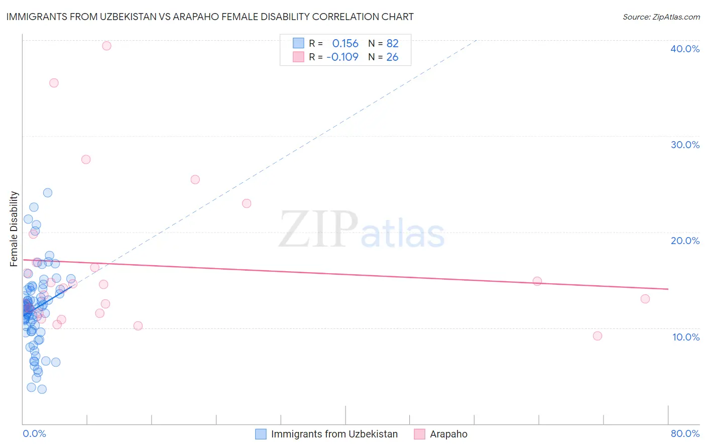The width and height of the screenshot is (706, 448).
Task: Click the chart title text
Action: click(210, 17)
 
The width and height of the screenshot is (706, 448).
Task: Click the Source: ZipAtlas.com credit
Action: click(661, 17)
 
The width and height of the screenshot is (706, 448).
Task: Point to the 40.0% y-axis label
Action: click(684, 49)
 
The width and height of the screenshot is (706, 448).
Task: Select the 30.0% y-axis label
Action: click(684, 145)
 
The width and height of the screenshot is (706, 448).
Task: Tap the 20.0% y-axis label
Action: click(684, 241)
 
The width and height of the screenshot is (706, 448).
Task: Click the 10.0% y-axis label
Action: click(685, 337)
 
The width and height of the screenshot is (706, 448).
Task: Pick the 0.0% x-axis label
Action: click(34, 433)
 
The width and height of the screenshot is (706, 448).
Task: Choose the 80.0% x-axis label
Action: click(684, 433)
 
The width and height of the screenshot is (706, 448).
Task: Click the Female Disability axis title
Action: click(14, 229)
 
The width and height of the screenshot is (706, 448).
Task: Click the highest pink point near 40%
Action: click(106, 46)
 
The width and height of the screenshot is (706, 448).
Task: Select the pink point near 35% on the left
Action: click(54, 83)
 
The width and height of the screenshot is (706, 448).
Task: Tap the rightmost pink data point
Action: click(645, 299)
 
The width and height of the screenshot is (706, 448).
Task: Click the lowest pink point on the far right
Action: click(598, 336)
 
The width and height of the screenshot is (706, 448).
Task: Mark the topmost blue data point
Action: click(48, 193)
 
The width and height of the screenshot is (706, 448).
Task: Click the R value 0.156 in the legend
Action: click(345, 44)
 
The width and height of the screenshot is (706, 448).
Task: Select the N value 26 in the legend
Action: click(392, 57)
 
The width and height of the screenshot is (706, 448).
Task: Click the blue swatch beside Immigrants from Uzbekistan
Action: click(261, 434)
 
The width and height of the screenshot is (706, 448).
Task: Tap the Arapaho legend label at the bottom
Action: click(448, 434)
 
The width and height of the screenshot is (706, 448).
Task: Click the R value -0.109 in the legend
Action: click(342, 57)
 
